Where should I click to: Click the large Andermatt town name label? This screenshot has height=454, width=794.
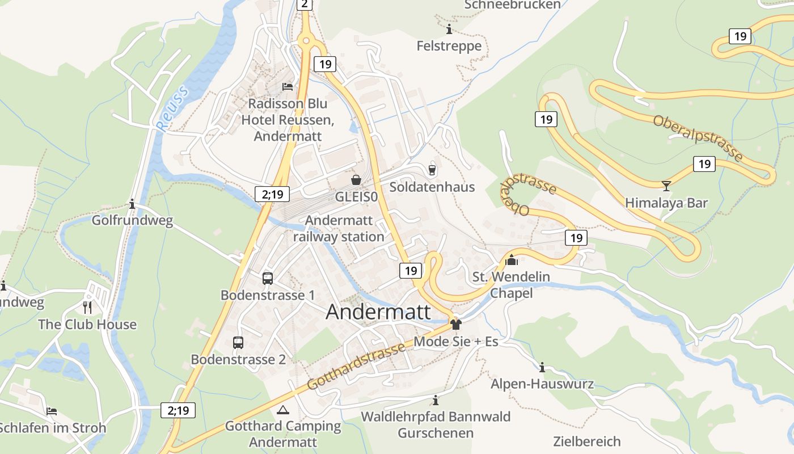pos(378,313)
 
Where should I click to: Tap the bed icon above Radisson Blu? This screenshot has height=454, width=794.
pos(288,87)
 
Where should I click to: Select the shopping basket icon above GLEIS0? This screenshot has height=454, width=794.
pos(356,180)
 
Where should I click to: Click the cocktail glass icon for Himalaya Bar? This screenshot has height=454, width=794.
pos(666,186)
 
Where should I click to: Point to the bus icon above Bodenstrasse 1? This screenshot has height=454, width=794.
pos(268,278)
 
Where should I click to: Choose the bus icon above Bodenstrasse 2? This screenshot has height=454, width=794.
pos(238,342)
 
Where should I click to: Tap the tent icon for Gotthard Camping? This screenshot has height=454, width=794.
pos(282,410)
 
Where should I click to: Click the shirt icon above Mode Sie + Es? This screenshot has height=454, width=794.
pos(455,325)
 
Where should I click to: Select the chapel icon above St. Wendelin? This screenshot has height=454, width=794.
pos(512,260)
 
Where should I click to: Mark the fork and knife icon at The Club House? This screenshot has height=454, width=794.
pos(87,308)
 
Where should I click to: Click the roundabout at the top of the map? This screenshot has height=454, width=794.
pos(306,40)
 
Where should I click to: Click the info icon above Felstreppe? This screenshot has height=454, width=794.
pos(449,29)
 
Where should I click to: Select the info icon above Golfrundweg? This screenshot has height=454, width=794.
pos(132,204)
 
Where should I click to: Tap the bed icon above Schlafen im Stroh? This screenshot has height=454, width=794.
pos(52,410)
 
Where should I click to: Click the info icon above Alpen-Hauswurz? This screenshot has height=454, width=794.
pos(542,367)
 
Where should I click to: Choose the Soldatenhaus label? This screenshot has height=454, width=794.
pos(432,187)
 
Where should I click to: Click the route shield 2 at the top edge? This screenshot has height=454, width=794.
pos(305,5)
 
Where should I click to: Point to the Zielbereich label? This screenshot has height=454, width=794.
pos(587,441)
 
